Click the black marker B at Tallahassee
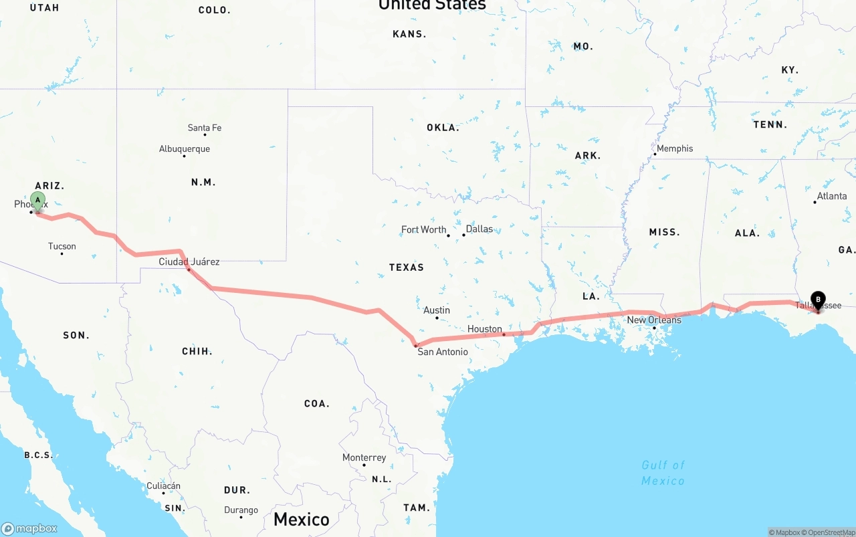tap(817, 300)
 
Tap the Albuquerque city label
tap(185, 149)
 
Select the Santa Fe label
tap(205, 128)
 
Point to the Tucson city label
tap(62, 246)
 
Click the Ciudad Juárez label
tap(189, 261)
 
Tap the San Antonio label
tap(443, 351)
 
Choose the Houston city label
tap(485, 328)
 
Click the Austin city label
tap(437, 310)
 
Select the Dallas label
tap(479, 229)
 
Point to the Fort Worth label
tap(424, 229)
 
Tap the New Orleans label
tap(654, 320)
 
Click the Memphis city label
tap(675, 148)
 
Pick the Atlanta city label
tap(832, 196)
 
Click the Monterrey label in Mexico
tap(364, 457)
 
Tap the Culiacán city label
tap(164, 486)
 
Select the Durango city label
tap(241, 510)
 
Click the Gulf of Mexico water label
tap(663, 473)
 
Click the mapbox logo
tap(29, 528)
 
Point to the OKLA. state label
tap(443, 127)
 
